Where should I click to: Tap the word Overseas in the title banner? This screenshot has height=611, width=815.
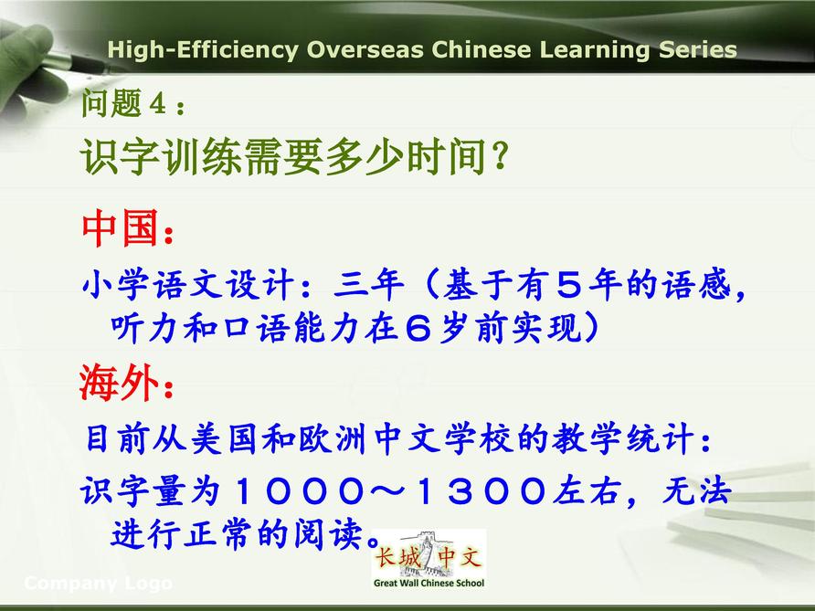pos(365,50)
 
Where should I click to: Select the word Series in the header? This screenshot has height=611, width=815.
pos(698,50)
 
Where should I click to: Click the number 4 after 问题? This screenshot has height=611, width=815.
pos(157,103)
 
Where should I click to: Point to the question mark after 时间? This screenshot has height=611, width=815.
pos(501,156)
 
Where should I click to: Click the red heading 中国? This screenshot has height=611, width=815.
pos(120,227)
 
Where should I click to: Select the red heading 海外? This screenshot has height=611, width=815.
pos(119,382)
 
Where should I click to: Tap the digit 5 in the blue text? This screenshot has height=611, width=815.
pos(569,285)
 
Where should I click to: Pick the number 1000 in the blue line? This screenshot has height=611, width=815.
pos(300,490)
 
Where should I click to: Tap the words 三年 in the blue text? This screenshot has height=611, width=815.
pos(369,285)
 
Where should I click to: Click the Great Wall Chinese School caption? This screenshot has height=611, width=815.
pos(429,583)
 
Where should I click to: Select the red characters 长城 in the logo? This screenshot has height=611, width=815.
pos(397,558)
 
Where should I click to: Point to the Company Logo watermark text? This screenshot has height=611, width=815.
pos(99,584)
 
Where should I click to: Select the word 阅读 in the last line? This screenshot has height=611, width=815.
pos(327,533)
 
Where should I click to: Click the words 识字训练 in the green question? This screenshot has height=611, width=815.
pos(161,156)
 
